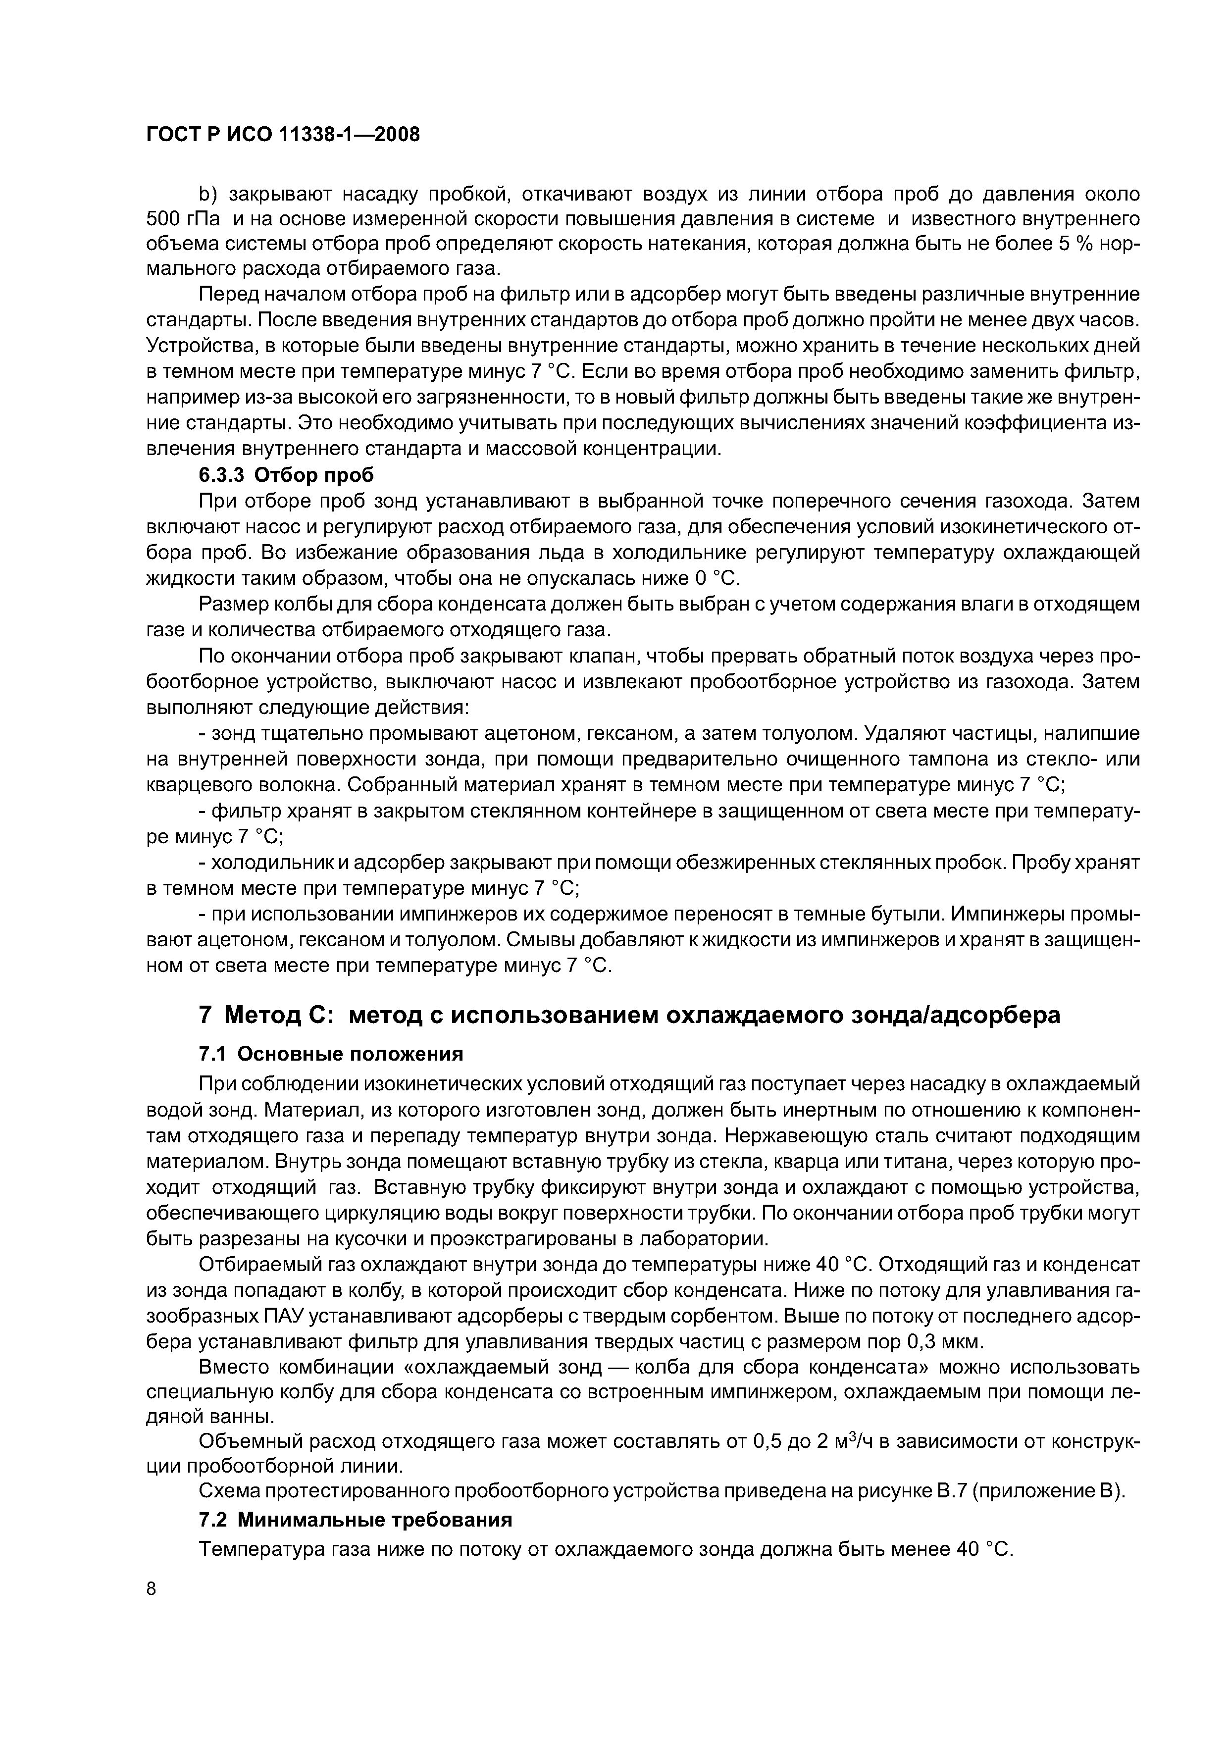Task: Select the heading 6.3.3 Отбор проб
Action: (x=286, y=475)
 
